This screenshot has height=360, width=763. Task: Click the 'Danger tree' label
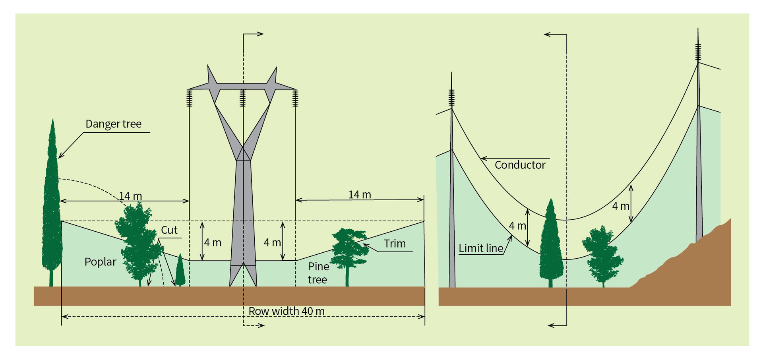[113, 124]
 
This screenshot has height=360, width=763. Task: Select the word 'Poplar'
[100, 262]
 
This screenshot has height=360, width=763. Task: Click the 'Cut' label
[169, 230]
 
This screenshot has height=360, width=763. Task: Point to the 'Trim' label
[395, 244]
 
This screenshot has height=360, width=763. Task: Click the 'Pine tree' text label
[318, 273]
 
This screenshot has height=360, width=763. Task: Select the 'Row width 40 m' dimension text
[286, 311]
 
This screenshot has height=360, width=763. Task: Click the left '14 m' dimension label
[130, 196]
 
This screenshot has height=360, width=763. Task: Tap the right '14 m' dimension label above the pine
[360, 195]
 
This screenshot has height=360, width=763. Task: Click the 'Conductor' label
[520, 165]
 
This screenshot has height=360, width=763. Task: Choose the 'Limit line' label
[481, 248]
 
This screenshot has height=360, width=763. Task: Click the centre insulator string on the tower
[242, 98]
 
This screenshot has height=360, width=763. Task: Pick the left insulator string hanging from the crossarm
[190, 98]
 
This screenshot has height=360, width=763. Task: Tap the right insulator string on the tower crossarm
[295, 98]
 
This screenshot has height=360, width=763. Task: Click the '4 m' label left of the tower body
[213, 243]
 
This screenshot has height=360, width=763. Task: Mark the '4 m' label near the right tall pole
[620, 206]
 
